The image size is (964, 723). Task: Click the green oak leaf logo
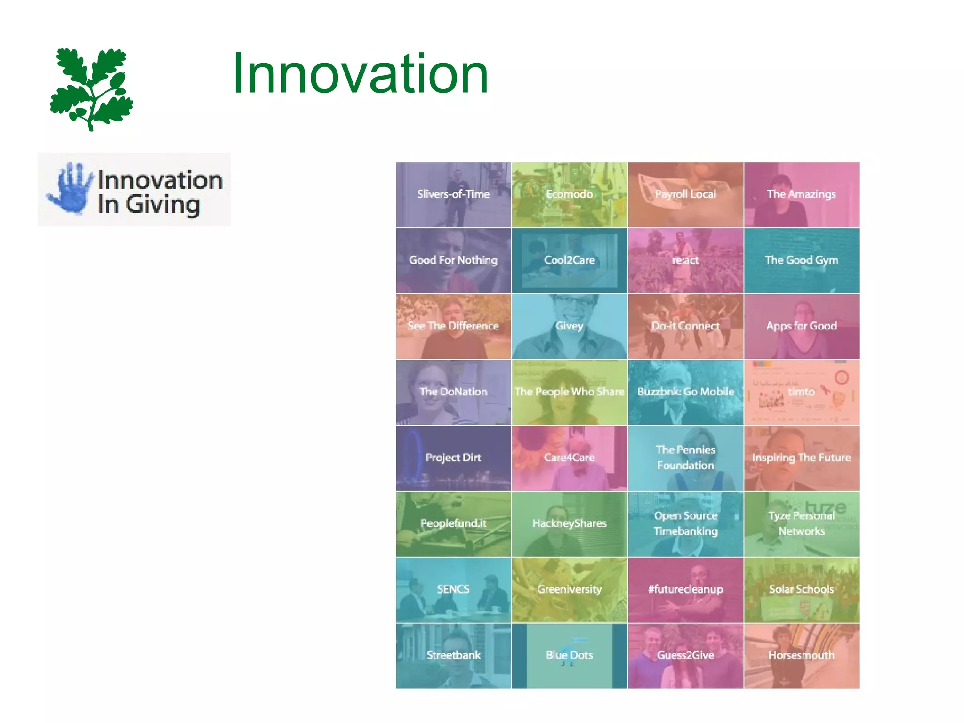pos(91,88)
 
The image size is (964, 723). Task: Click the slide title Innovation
pos(360,74)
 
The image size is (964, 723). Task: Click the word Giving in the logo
pos(162,205)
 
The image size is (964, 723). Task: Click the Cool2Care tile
pos(569,260)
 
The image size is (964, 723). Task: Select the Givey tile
pos(569,326)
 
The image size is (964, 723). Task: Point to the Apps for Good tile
pos(801,326)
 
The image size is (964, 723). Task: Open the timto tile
pos(801,392)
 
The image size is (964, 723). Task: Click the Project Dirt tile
pos(453,458)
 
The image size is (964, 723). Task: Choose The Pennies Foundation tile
pos(685,458)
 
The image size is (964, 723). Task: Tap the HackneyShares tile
pos(569,524)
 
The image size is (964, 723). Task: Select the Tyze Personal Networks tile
pos(801,524)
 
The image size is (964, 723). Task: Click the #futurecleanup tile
pos(685,590)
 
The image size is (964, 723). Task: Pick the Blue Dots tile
pos(569,656)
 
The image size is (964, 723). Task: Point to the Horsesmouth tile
pos(801,656)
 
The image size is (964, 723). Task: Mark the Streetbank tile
pos(453,656)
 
